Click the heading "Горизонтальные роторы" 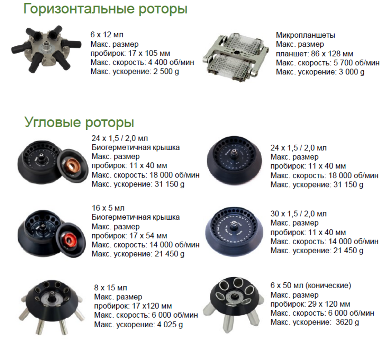point(105,9)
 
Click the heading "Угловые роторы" point(79,122)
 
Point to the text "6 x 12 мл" point(107,34)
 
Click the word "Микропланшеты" point(305,35)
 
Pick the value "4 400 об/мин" point(171,62)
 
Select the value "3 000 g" point(351,72)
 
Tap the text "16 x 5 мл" point(108,208)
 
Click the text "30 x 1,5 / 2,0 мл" point(298,214)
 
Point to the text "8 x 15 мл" point(110,288)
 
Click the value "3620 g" point(347,322)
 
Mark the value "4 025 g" point(170,324)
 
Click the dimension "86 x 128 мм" point(332,54)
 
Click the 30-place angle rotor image point(234,232)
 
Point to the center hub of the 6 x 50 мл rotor point(234,296)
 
